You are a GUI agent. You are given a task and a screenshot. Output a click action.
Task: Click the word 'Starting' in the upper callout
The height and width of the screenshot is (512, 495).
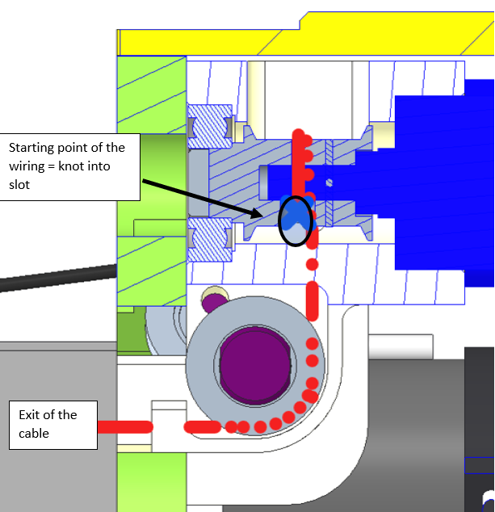tap(32, 147)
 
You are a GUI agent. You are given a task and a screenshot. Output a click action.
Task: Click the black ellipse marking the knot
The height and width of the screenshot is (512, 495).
tap(295, 220)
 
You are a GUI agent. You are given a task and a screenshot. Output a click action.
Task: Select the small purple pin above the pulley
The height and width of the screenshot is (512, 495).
tap(213, 304)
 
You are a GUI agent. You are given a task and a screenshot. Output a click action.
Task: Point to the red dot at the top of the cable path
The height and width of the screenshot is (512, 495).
tap(299, 133)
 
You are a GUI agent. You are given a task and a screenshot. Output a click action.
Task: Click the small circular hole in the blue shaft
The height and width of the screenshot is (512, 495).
tap(329, 183)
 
